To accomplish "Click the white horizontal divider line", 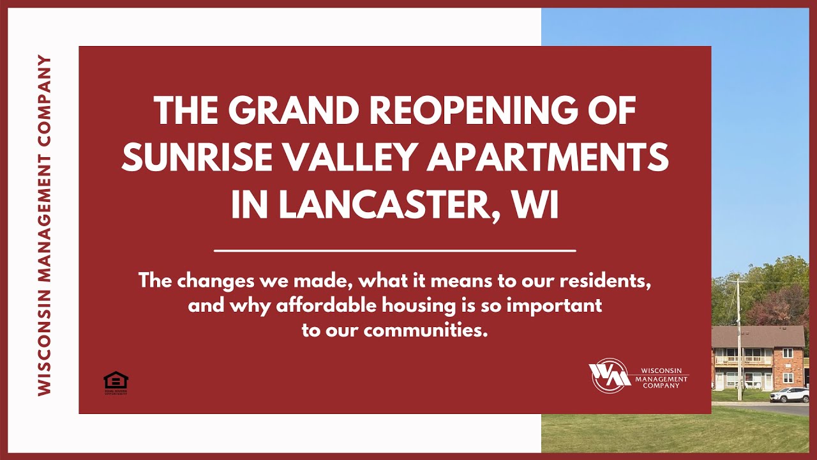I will (x=394, y=251).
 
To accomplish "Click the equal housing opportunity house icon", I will (x=116, y=381).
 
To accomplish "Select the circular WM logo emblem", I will (x=608, y=375).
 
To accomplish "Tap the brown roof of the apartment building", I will (x=758, y=336).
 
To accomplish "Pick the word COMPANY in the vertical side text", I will (x=44, y=102).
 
